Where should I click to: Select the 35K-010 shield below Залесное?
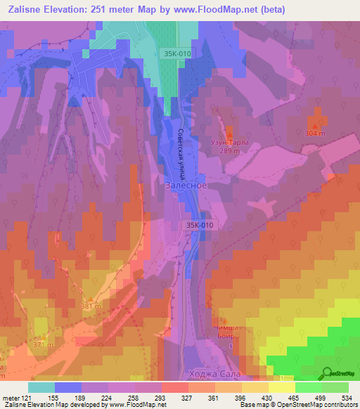(x=200, y=225)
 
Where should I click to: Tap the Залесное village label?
(x=186, y=186)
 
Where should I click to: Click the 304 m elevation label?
(x=316, y=133)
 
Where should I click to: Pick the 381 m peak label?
(x=91, y=306)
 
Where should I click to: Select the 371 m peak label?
(x=43, y=345)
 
